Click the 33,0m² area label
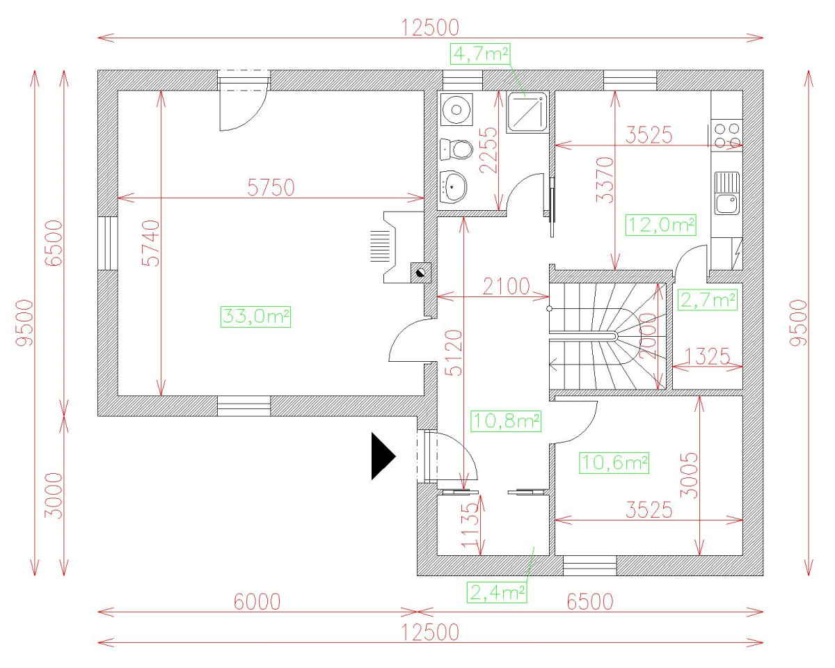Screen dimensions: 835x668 click(255, 317)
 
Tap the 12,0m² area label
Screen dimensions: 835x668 click(661, 225)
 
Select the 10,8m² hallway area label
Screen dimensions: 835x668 click(506, 421)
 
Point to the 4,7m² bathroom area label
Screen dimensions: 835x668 click(480, 54)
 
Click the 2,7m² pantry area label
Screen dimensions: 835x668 click(708, 300)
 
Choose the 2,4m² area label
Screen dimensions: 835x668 click(497, 592)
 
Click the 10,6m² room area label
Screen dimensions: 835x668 click(614, 463)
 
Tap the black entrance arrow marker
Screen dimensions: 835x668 click(383, 456)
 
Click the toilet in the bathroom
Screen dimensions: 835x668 click(457, 149)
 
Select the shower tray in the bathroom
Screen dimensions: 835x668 click(527, 113)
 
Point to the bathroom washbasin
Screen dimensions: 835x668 click(453, 186)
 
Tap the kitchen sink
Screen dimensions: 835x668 click(727, 193)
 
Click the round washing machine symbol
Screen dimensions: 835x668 click(456, 109)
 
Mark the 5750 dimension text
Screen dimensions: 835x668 click(271, 187)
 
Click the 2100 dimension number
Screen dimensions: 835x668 click(507, 287)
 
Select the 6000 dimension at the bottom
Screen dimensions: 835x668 click(257, 602)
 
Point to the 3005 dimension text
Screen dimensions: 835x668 click(689, 475)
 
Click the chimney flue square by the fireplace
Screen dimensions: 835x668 click(420, 273)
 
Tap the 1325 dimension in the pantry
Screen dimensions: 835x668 click(707, 356)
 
